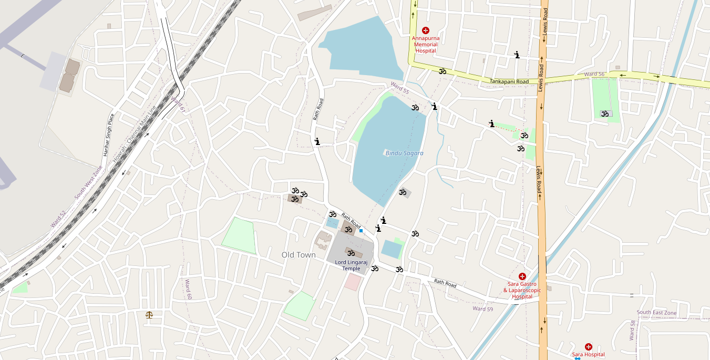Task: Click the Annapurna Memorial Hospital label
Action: [425, 44]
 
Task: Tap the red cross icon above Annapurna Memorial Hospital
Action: [426, 30]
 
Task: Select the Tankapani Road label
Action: [509, 81]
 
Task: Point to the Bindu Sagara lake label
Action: [404, 153]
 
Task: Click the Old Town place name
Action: [299, 255]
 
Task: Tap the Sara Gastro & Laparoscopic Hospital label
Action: [522, 290]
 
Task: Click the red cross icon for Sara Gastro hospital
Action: [522, 276]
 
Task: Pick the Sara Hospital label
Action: [588, 354]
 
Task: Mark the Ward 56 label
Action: [594, 75]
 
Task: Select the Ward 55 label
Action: [399, 88]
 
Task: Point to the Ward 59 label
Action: [482, 308]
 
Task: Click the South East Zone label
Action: [656, 312]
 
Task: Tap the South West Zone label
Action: [88, 182]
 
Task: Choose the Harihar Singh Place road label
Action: [108, 135]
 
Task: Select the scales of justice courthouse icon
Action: [150, 315]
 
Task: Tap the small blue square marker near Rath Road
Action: [361, 231]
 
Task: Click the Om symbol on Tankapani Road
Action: [443, 71]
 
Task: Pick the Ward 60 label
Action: [188, 289]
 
